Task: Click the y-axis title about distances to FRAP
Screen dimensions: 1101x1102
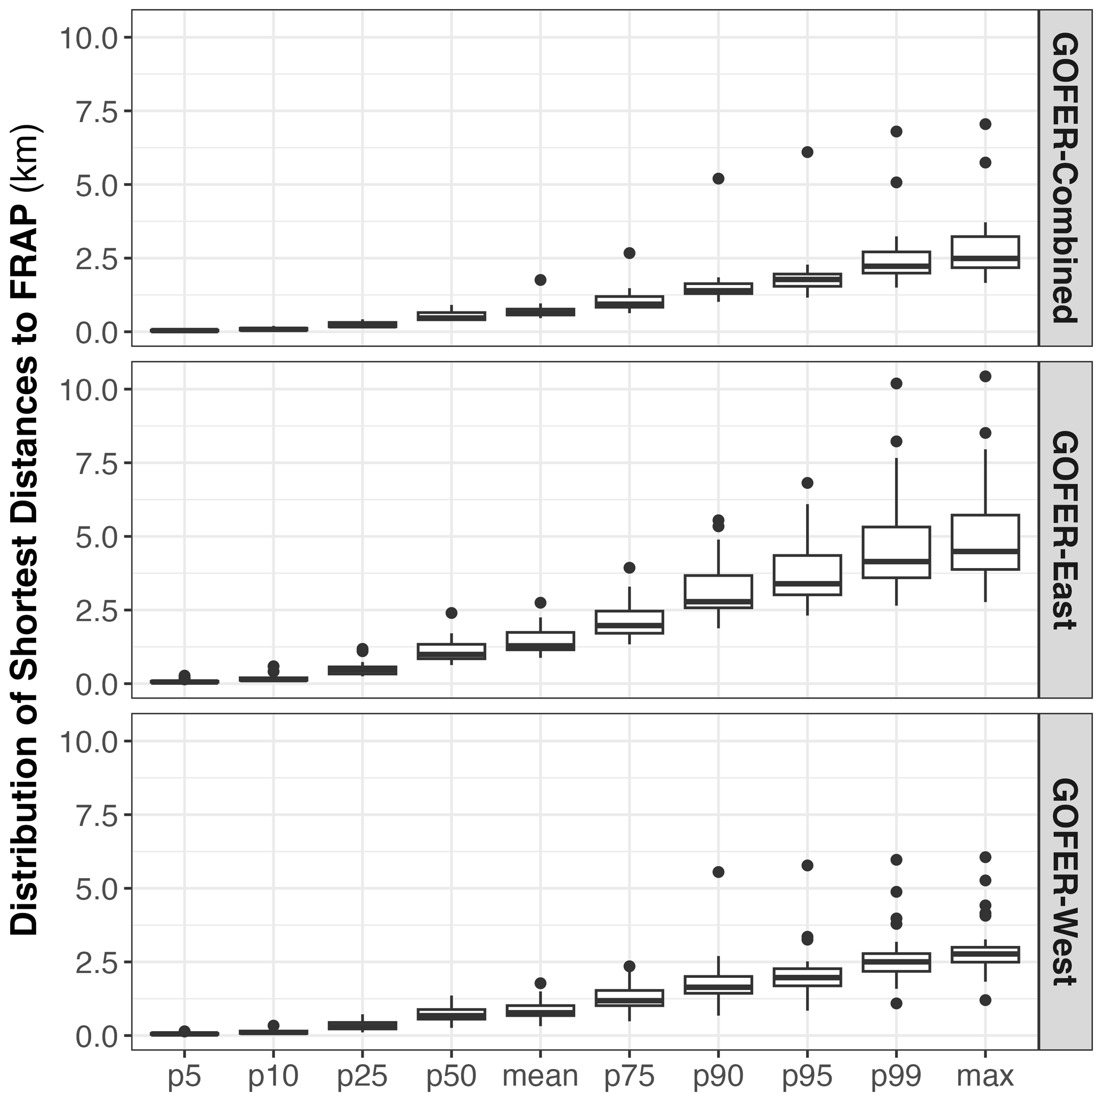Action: coord(26,530)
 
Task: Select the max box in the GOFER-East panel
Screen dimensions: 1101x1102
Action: coord(985,541)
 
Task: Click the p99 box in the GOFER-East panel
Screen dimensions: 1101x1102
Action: coord(896,552)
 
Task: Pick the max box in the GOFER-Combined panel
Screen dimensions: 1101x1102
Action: coord(985,252)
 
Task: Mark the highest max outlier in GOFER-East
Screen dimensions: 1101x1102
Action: coord(985,376)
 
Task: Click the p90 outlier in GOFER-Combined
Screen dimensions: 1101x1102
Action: coord(718,179)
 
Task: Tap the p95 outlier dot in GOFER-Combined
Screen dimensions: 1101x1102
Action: coord(807,152)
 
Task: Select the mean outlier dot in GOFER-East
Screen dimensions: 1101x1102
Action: coord(540,603)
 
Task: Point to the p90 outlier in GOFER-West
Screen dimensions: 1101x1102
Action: coord(718,872)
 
